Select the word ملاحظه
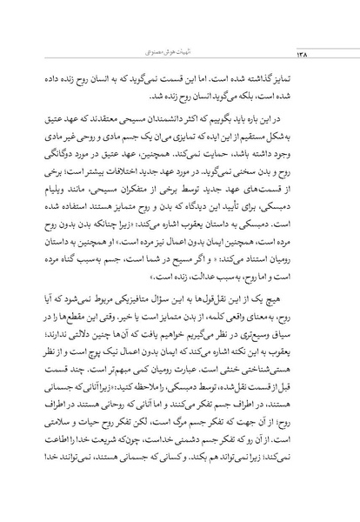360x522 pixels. [x=165, y=377]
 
